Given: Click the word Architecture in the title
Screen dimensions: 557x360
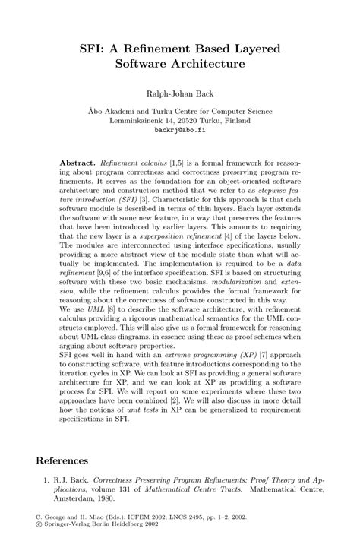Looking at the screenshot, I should point(208,65).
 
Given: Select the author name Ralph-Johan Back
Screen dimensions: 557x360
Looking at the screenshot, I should point(179,95).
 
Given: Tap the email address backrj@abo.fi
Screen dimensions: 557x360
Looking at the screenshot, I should point(179,129).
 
